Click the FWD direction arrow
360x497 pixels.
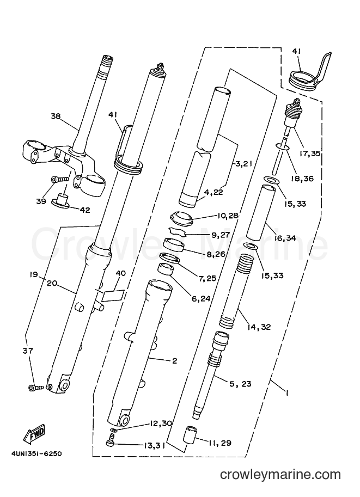click(x=34, y=433)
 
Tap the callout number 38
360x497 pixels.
click(x=56, y=116)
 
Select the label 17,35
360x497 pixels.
click(x=309, y=154)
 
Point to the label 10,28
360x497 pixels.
click(x=228, y=216)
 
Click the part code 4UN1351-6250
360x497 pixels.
click(x=36, y=454)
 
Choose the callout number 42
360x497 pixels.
click(x=86, y=210)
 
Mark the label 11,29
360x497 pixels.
click(x=220, y=443)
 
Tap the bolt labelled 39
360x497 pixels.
click(x=60, y=180)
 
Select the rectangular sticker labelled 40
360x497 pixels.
click(x=113, y=295)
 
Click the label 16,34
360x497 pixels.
click(x=285, y=238)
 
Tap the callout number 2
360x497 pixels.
click(x=174, y=361)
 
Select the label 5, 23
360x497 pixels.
click(x=240, y=384)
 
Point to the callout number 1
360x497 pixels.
click(x=286, y=393)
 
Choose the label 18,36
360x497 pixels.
click(x=302, y=179)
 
